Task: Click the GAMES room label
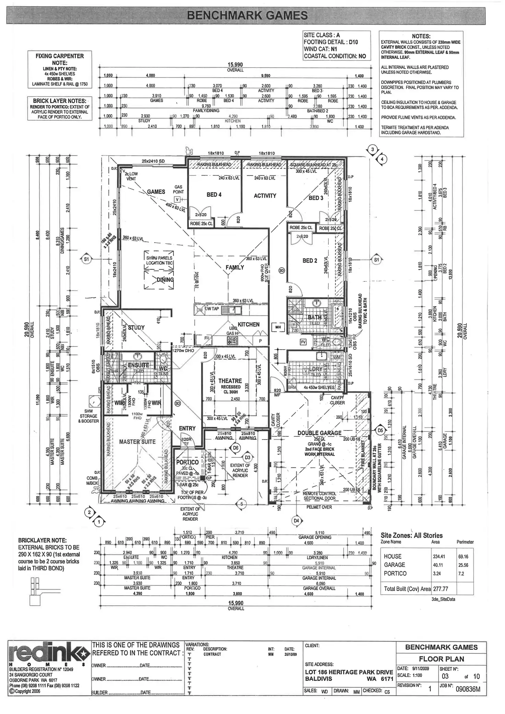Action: click(x=156, y=192)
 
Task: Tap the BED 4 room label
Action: click(x=214, y=195)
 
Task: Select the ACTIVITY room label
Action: click(x=265, y=196)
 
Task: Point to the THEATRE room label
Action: click(x=230, y=381)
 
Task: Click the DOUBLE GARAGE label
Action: click(x=319, y=433)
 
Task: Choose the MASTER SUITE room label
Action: click(x=137, y=442)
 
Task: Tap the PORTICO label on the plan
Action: click(x=187, y=462)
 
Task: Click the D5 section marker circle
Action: click(x=380, y=430)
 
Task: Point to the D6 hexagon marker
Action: click(x=236, y=448)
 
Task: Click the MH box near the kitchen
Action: click(x=278, y=327)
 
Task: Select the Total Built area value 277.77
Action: click(x=441, y=589)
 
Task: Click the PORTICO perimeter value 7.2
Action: click(x=461, y=573)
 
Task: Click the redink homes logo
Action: click(x=47, y=655)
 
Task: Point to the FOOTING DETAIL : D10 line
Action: click(x=331, y=42)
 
